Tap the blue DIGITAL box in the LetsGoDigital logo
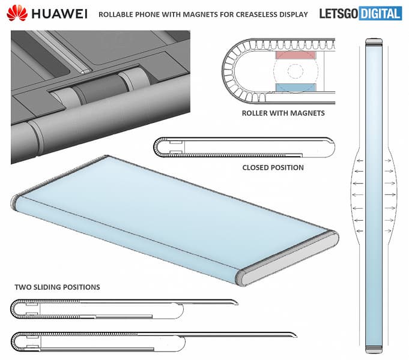click(380, 13)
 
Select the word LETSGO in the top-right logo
click(339, 13)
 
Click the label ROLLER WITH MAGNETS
click(283, 113)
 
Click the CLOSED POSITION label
click(273, 167)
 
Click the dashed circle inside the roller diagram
click(293, 71)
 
